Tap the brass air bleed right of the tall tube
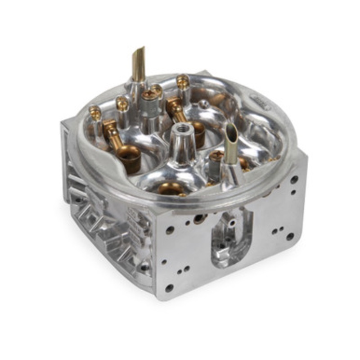point(183,82)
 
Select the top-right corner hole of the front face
point(294,180)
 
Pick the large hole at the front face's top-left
point(170,230)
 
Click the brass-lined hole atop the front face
point(199,219)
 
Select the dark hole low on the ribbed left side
point(144,267)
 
